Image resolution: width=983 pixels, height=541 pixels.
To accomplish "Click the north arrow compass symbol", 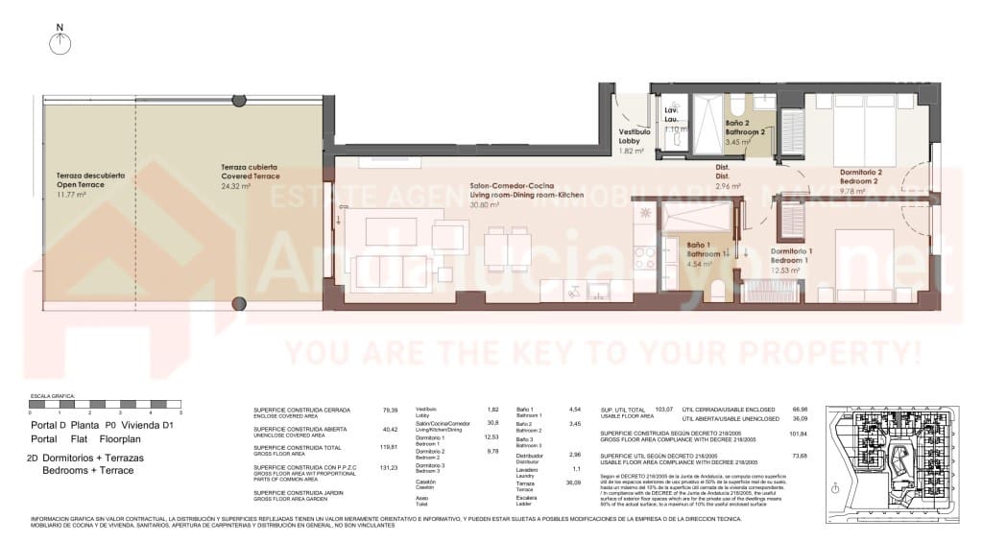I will (60, 41).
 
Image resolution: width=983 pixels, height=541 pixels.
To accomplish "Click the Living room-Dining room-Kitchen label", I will (510, 195).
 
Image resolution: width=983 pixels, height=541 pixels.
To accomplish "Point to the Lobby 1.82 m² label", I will (635, 141).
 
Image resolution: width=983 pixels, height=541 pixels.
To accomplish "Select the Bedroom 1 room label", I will (792, 256).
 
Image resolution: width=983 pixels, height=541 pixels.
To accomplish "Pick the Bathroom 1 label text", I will (697, 249).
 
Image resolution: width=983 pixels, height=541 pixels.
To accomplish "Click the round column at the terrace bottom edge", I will (237, 304).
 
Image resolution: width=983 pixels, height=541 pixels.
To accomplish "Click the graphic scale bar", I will (106, 404).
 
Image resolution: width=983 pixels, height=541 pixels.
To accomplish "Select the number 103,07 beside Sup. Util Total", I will (664, 410).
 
